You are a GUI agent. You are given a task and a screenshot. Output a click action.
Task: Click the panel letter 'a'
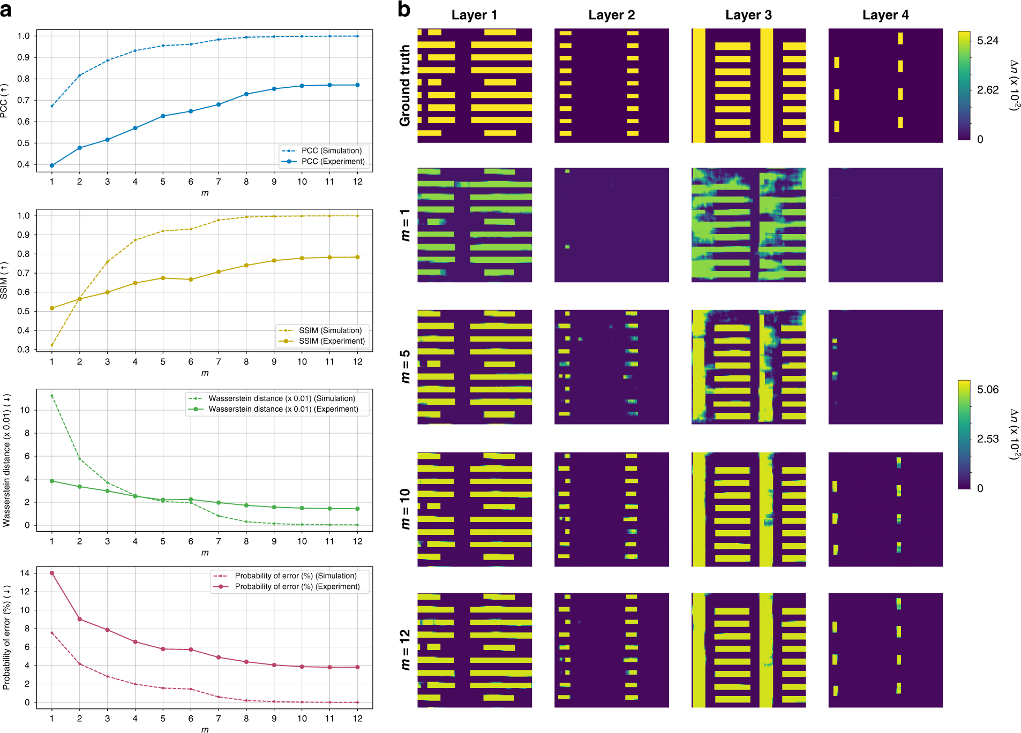6,9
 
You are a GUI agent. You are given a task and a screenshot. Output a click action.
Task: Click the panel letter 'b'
404,9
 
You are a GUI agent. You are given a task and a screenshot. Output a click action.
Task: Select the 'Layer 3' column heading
748,15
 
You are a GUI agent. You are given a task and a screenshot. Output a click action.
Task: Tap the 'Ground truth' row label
404,86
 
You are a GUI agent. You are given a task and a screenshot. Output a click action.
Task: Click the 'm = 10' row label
405,509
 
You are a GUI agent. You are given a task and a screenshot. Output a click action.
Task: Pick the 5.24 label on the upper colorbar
987,41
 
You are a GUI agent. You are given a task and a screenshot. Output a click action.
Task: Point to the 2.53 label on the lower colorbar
987,439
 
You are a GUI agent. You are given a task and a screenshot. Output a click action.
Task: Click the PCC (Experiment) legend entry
332,161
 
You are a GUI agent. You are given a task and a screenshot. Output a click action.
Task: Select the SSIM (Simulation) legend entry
329,330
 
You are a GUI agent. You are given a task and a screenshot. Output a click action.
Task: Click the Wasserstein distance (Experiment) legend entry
283,409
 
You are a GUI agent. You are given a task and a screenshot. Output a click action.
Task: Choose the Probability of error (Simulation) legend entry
295,576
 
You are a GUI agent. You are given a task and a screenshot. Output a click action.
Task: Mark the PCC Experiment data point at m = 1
52,165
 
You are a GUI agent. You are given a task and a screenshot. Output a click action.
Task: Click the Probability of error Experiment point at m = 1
52,573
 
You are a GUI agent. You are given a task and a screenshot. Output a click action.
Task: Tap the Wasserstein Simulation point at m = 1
52,396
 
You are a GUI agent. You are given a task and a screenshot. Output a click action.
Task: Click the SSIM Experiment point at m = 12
357,257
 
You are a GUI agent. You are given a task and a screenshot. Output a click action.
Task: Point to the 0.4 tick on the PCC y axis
24,164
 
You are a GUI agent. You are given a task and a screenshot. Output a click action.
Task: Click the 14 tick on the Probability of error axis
25,573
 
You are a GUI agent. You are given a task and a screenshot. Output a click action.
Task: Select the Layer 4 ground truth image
885,86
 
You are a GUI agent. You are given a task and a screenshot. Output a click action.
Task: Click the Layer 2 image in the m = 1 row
611,225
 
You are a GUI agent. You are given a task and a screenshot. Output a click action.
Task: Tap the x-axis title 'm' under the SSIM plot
205,373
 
